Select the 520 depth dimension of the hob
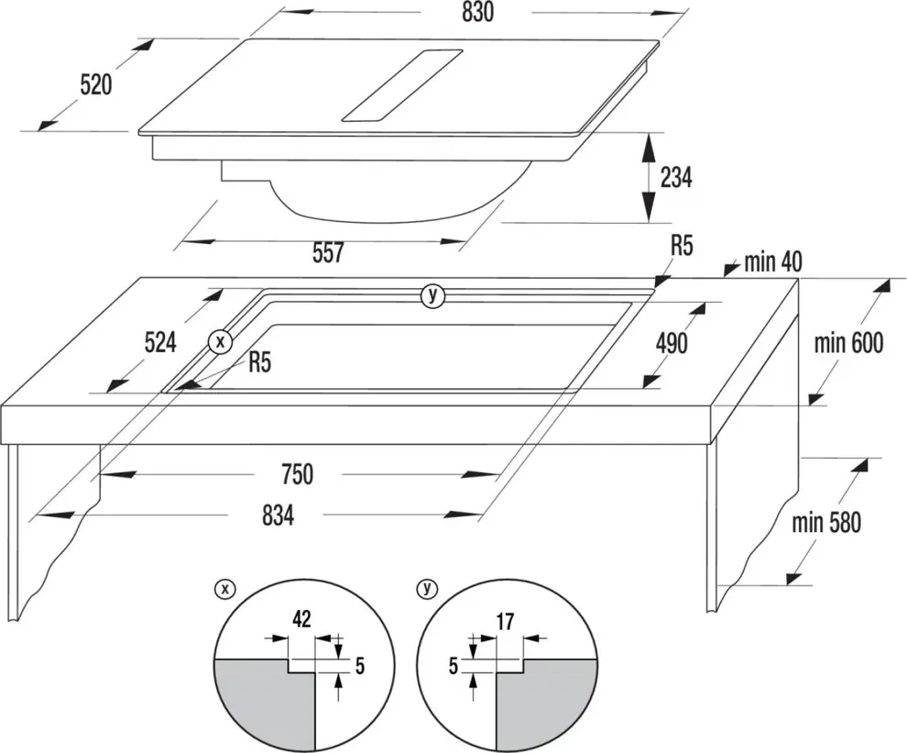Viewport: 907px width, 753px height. click(95, 85)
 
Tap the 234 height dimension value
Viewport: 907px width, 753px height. click(676, 177)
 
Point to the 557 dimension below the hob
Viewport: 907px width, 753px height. click(327, 252)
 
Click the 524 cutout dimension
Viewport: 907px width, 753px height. click(160, 344)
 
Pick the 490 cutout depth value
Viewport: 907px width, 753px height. click(672, 343)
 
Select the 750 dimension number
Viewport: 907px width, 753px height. click(297, 474)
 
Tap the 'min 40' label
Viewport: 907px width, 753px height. click(772, 262)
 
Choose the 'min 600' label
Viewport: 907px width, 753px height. click(848, 343)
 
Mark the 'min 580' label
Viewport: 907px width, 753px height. click(826, 523)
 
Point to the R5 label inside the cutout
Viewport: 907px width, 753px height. click(260, 363)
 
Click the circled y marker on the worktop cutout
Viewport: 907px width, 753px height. click(432, 295)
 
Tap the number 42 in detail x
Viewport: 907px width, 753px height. click(300, 619)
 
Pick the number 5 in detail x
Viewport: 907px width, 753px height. click(359, 665)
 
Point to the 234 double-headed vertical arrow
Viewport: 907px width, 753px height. click(649, 176)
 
